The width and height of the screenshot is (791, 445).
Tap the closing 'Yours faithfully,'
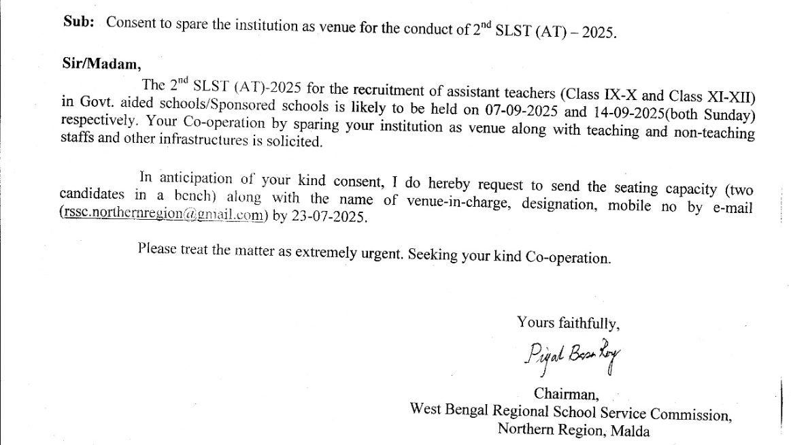coord(568,322)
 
